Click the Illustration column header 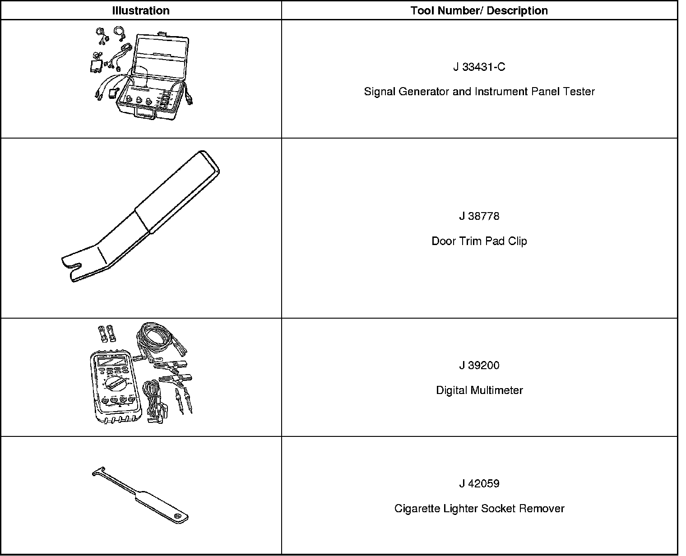pyautogui.click(x=141, y=11)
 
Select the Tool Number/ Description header pyautogui.click(x=479, y=11)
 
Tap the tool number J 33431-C pyautogui.click(x=479, y=67)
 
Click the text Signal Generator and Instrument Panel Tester pyautogui.click(x=479, y=92)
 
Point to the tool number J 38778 pyautogui.click(x=479, y=216)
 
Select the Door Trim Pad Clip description pyautogui.click(x=479, y=241)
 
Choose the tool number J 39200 pyautogui.click(x=479, y=366)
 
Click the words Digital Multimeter pyautogui.click(x=479, y=390)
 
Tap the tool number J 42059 pyautogui.click(x=479, y=484)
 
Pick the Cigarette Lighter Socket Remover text pyautogui.click(x=479, y=509)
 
